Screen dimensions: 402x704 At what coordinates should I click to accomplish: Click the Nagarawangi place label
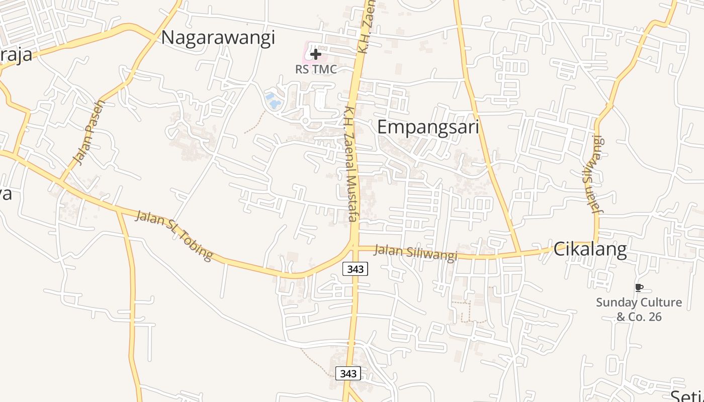click(x=218, y=38)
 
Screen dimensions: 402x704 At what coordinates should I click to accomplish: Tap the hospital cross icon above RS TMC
click(x=316, y=54)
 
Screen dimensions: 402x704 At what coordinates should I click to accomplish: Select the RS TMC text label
click(x=316, y=69)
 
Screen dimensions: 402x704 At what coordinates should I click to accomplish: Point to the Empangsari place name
click(x=428, y=127)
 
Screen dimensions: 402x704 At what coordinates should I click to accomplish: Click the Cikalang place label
click(x=590, y=249)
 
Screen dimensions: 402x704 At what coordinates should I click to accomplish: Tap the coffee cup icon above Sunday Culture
click(x=639, y=287)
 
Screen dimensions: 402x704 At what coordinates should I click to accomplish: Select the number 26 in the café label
click(x=655, y=317)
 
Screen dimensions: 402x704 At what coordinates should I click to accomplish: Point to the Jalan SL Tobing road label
click(x=174, y=235)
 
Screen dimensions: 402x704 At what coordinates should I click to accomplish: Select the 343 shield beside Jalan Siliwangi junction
click(x=355, y=269)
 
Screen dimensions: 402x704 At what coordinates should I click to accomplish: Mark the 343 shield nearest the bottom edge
click(x=348, y=373)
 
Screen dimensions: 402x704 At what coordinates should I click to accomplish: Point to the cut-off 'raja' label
click(x=16, y=54)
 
